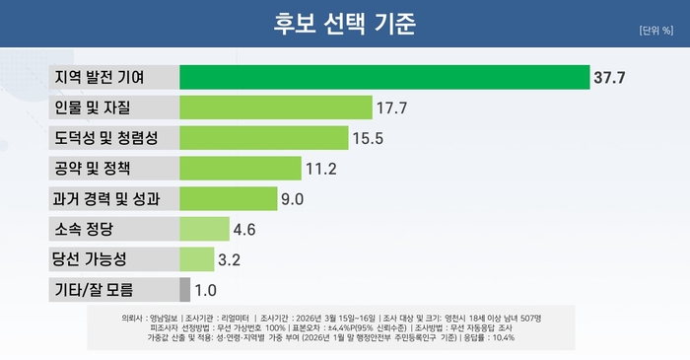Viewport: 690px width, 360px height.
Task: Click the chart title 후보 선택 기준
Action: pos(344,23)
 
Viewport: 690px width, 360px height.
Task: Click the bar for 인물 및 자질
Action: pos(276,108)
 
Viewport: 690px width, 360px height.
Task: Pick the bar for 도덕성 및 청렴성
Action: pos(264,138)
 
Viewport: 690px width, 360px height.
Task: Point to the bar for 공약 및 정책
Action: pos(241,169)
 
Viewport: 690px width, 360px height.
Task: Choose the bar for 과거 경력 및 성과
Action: pos(228,199)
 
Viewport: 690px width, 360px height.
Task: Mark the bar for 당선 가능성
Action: pos(196,259)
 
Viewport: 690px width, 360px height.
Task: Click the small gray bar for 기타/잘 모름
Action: pos(184,290)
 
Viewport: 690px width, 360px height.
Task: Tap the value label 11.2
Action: pos(321,169)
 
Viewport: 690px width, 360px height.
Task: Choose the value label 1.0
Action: pos(205,290)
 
